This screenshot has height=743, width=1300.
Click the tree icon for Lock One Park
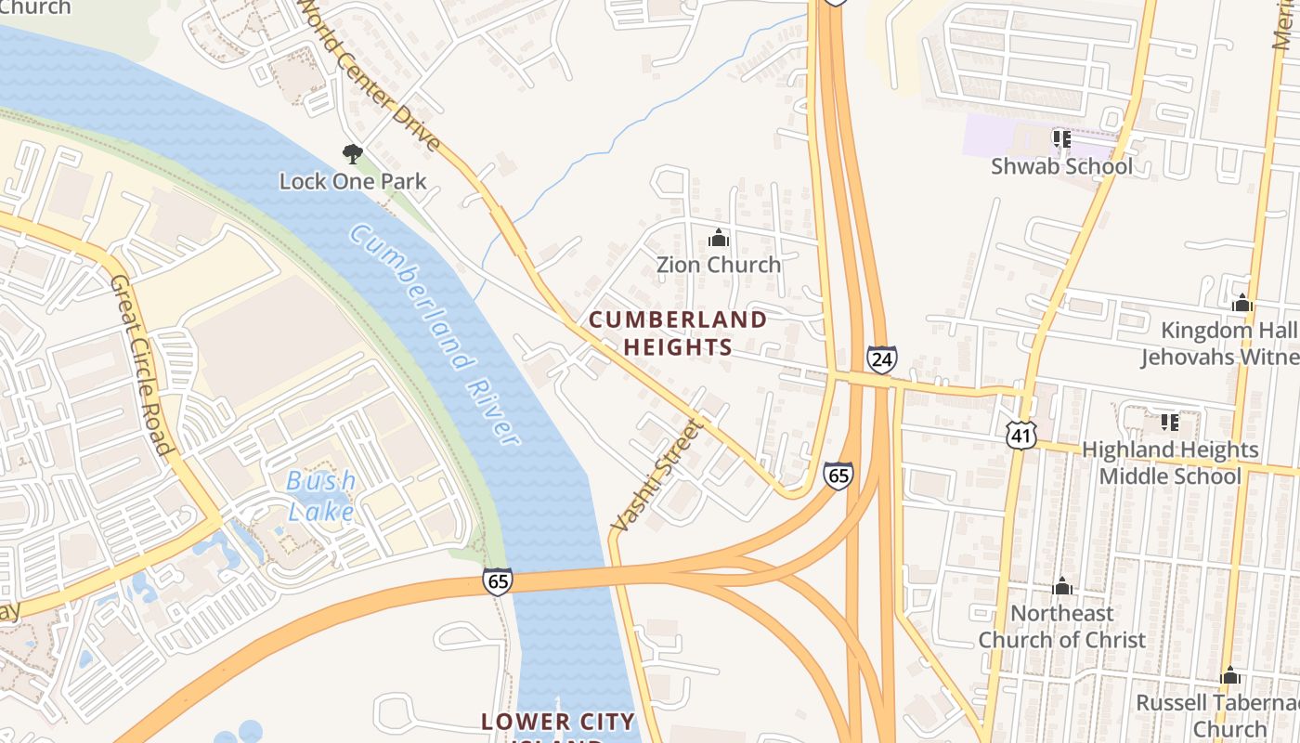click(352, 153)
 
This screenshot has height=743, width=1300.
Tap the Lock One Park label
click(353, 181)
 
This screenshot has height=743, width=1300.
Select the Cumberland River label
click(435, 333)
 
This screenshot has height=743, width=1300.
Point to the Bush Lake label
click(320, 496)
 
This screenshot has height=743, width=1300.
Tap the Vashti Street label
click(655, 476)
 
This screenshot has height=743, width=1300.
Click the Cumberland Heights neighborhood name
click(678, 333)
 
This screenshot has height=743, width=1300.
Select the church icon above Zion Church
click(718, 239)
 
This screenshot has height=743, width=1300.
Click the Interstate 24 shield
click(881, 358)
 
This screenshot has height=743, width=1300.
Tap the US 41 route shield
click(1021, 434)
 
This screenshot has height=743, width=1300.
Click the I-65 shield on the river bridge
click(497, 582)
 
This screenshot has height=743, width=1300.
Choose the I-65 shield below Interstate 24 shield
click(838, 476)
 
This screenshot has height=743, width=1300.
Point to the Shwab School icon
click(1061, 139)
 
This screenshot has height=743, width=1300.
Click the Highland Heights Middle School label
click(1170, 463)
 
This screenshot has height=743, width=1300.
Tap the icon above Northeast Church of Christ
click(1062, 587)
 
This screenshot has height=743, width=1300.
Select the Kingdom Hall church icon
click(1241, 304)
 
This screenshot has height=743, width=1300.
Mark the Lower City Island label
click(557, 723)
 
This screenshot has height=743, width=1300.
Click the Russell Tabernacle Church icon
click(1229, 675)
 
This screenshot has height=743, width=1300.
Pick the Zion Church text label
click(719, 265)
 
